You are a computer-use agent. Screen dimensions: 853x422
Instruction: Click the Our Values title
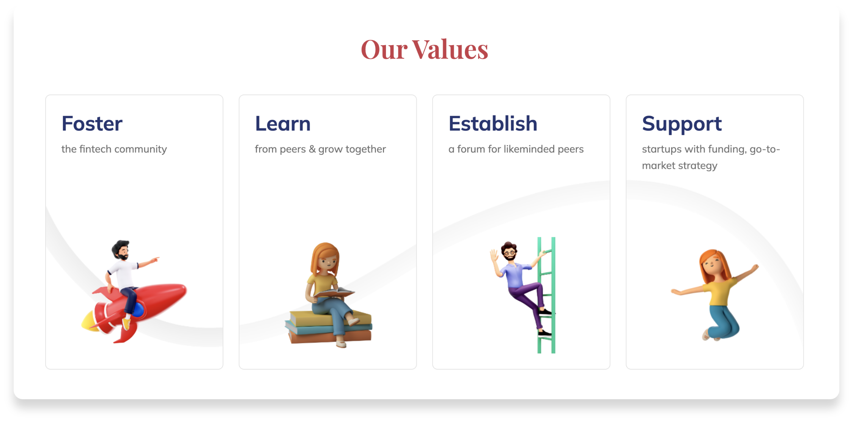coord(425,49)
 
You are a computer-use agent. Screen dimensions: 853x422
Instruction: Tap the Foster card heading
coord(92,124)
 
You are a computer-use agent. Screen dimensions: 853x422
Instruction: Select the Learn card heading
coord(283,124)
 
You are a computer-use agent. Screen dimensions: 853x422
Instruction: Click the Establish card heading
coord(493,124)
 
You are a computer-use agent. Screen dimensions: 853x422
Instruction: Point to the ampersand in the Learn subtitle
coord(312,149)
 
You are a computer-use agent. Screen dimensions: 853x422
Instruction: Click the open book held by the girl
coord(334,293)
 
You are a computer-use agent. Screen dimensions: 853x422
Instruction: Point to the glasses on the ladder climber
coord(510,252)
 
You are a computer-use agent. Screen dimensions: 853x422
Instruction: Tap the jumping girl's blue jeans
coord(723,321)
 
